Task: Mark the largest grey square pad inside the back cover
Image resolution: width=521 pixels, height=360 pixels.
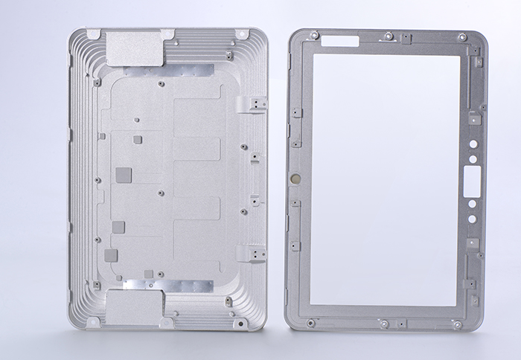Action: coord(124,175)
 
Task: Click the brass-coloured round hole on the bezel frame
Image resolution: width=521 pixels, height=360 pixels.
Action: coord(295,179)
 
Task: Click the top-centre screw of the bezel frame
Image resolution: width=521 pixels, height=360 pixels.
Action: coord(389,34)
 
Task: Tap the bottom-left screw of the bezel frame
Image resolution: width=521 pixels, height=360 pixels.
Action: coord(311,322)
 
